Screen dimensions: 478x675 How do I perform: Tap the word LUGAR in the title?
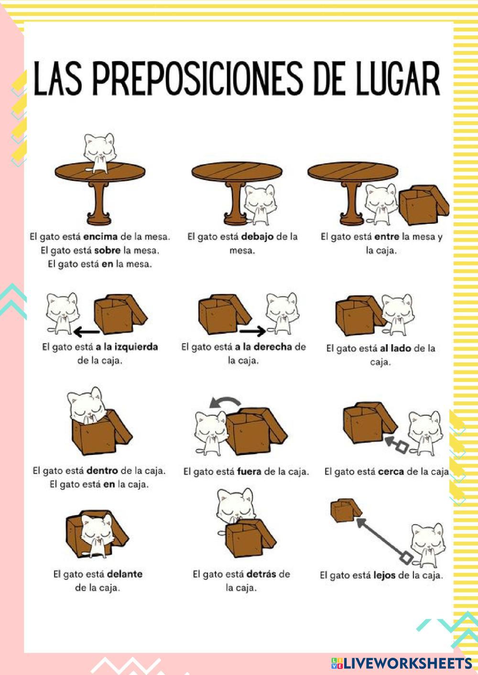click(398, 79)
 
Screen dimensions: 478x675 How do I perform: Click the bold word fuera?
click(249, 472)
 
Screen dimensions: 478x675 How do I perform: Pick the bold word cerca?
click(391, 472)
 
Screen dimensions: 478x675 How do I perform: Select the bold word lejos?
click(384, 575)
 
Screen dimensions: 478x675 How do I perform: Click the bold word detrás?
click(261, 574)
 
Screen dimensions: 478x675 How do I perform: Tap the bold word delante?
click(125, 574)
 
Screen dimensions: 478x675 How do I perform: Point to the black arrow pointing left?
click(87, 332)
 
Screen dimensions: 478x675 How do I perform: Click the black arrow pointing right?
click(253, 331)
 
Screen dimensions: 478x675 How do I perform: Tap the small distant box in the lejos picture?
click(346, 510)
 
